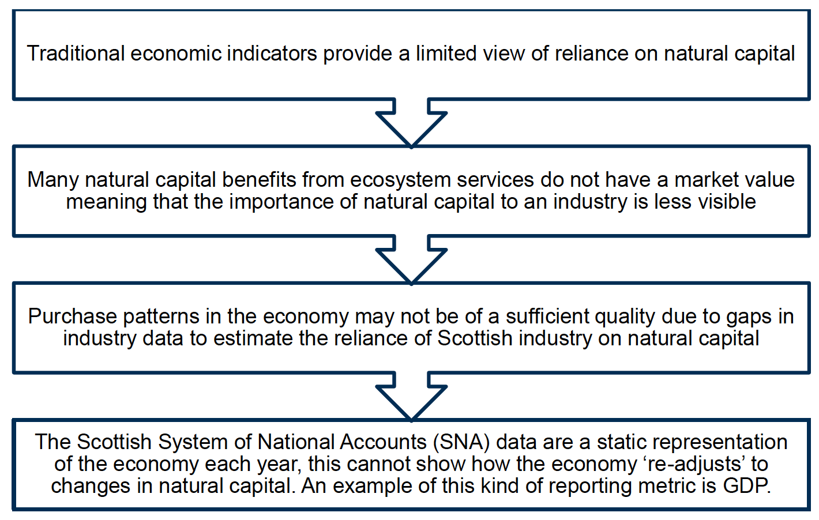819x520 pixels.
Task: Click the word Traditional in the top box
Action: tap(76, 54)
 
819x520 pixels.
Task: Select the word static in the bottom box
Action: tap(623, 442)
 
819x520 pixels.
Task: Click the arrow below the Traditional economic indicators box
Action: tap(411, 122)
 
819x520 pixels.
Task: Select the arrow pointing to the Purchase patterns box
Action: tap(411, 259)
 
